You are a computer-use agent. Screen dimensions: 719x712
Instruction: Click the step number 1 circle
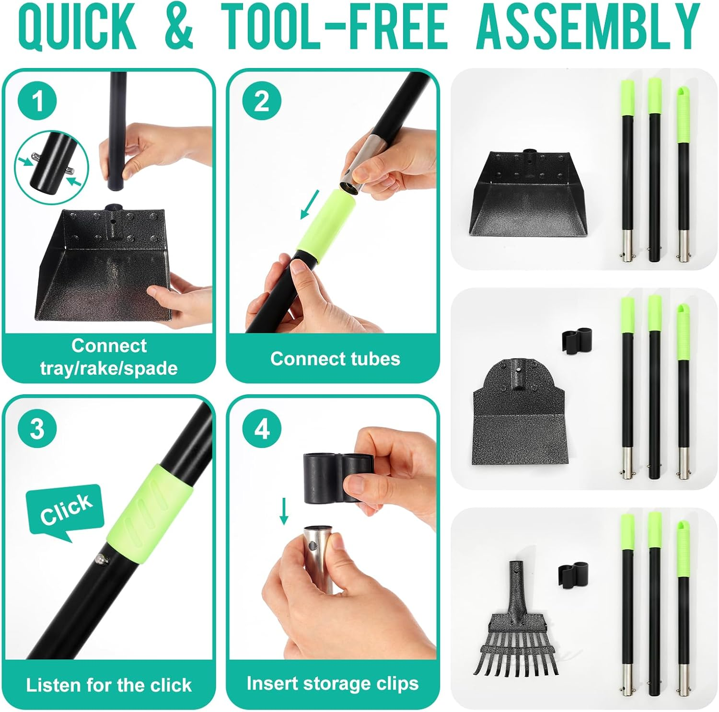(x=37, y=101)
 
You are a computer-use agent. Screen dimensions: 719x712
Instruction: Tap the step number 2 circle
(x=261, y=101)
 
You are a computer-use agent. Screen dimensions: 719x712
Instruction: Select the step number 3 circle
(x=37, y=428)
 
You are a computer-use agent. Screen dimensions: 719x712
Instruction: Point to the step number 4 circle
(x=261, y=428)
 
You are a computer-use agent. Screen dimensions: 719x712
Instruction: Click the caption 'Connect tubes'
(x=335, y=358)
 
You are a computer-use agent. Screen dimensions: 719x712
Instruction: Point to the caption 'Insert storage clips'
(x=333, y=683)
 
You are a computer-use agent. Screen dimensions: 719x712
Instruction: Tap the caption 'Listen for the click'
(x=109, y=685)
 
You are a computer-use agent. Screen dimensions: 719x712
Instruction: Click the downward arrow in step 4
(x=284, y=511)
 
